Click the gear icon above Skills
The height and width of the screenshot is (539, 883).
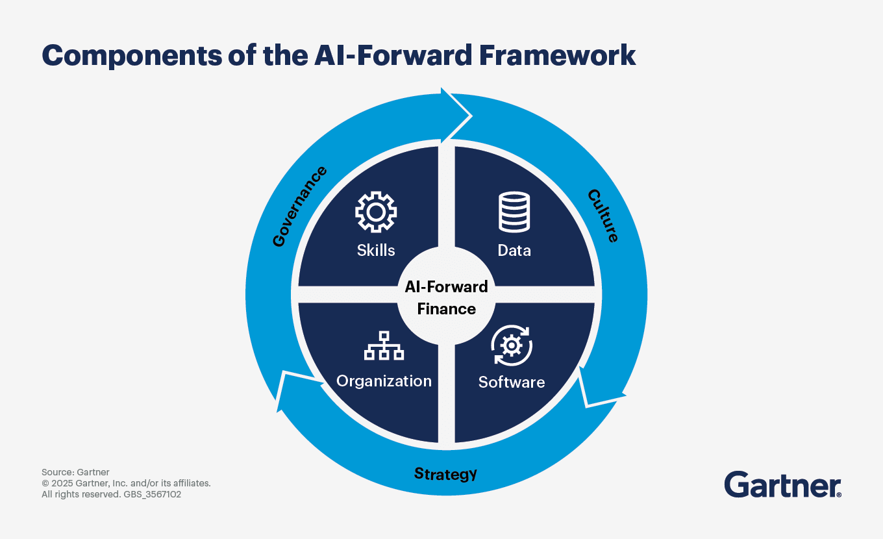click(x=376, y=212)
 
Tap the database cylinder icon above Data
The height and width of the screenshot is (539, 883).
click(x=514, y=212)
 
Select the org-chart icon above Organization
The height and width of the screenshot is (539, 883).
click(x=384, y=346)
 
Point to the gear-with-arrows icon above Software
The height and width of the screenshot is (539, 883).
click(x=512, y=345)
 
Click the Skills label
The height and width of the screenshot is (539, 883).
click(x=376, y=250)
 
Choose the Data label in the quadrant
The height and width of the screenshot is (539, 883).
click(x=514, y=250)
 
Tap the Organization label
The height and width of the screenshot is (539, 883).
click(x=384, y=381)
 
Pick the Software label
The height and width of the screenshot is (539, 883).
click(x=512, y=382)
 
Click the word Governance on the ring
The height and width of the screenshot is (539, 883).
click(x=299, y=207)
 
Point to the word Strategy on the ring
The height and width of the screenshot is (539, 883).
click(x=445, y=473)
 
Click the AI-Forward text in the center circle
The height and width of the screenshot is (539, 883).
click(x=446, y=287)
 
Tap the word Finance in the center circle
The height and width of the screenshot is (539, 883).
click(x=446, y=308)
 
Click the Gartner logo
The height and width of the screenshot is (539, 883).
click(x=782, y=484)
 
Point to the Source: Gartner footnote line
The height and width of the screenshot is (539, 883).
click(x=75, y=472)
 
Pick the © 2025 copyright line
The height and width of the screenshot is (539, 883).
click(x=126, y=483)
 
